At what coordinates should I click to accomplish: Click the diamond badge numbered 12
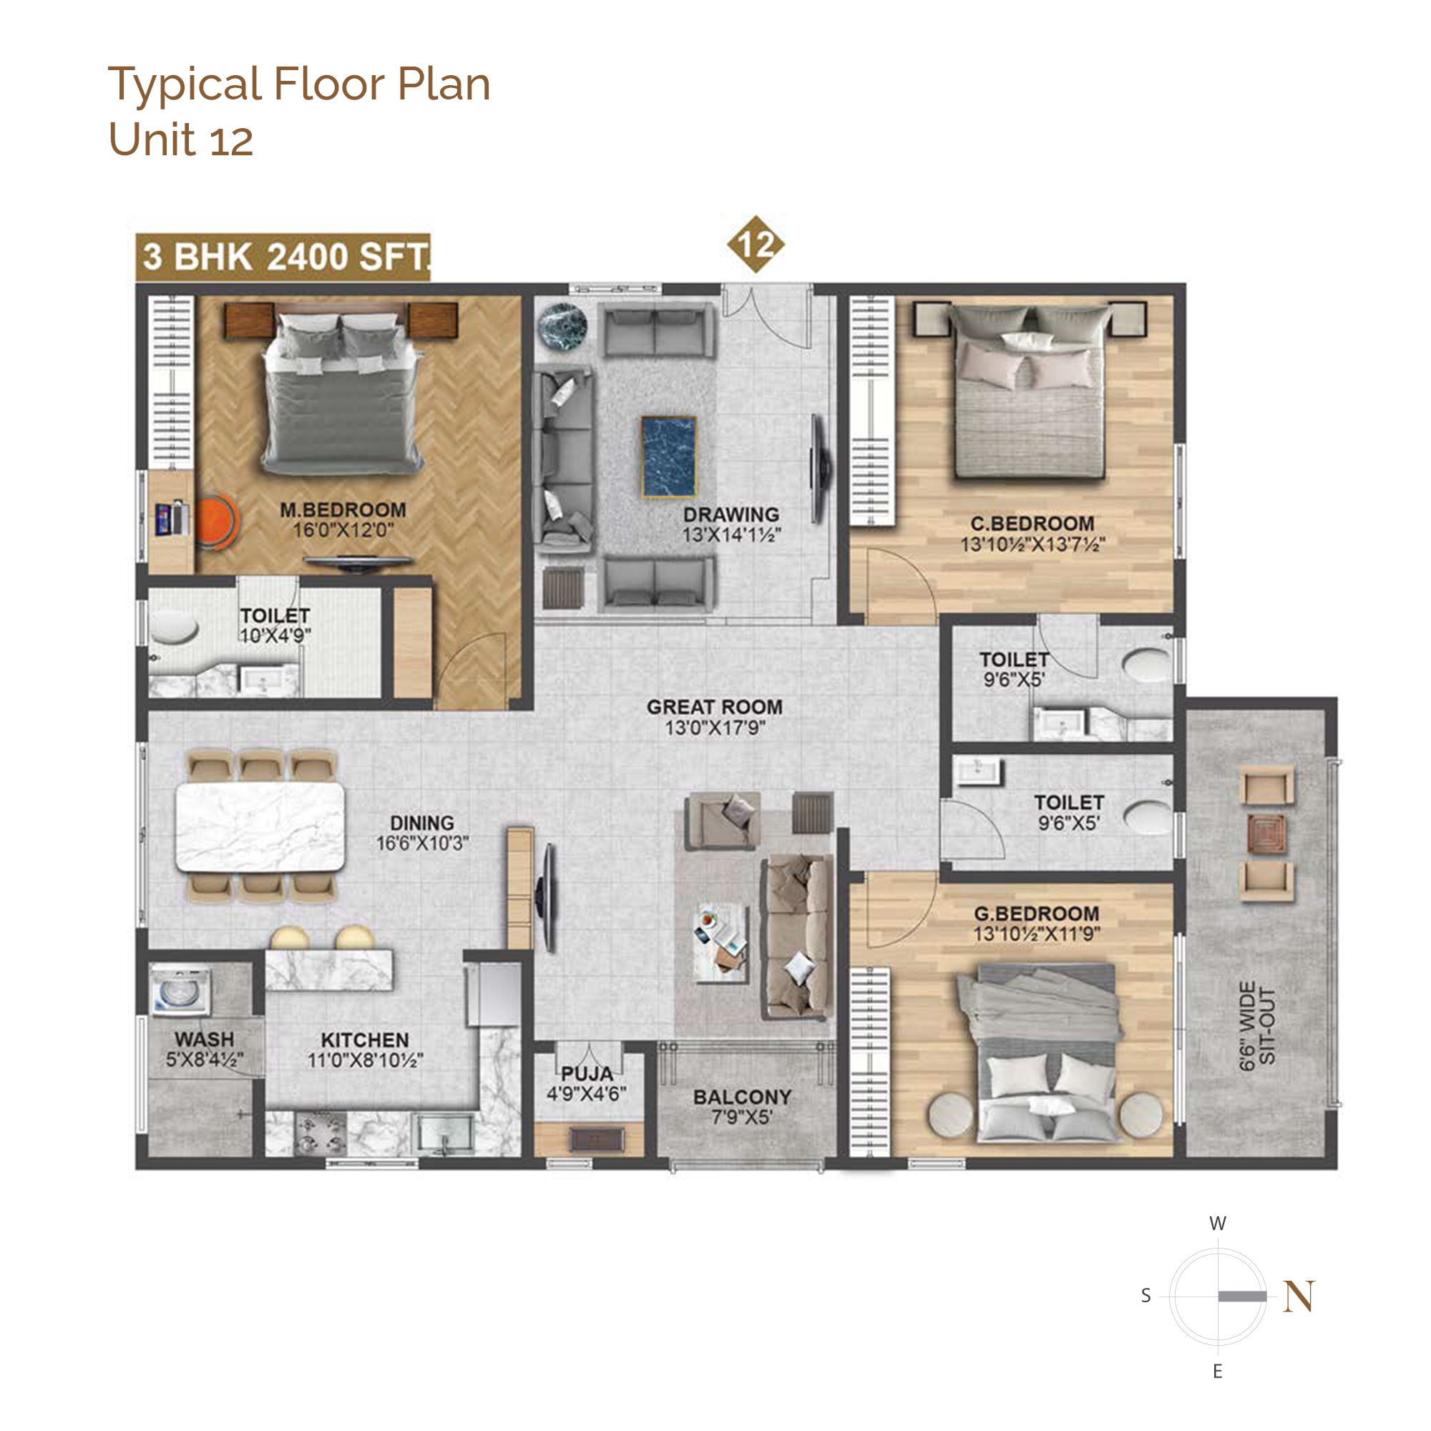[x=755, y=245]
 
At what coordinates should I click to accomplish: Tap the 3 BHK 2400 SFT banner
[x=283, y=257]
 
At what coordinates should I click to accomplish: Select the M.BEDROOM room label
[x=343, y=509]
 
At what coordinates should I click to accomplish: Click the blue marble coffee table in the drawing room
[x=669, y=456]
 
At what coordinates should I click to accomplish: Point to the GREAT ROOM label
[x=714, y=707]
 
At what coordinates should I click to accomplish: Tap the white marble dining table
[x=260, y=826]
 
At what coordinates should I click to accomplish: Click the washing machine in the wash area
[x=181, y=989]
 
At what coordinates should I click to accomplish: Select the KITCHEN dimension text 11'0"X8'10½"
[x=364, y=1060]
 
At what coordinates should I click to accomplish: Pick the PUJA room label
[x=587, y=1073]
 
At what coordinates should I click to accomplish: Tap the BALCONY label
[x=742, y=1097]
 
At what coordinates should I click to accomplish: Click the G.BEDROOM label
[x=1036, y=914]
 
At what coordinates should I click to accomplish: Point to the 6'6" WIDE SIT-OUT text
[x=1257, y=1026]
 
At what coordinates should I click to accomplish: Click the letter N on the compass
[x=1299, y=1296]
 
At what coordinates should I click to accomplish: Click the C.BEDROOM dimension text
[x=1032, y=544]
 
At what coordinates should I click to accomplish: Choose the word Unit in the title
[x=155, y=139]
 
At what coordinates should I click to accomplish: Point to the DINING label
[x=422, y=823]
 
